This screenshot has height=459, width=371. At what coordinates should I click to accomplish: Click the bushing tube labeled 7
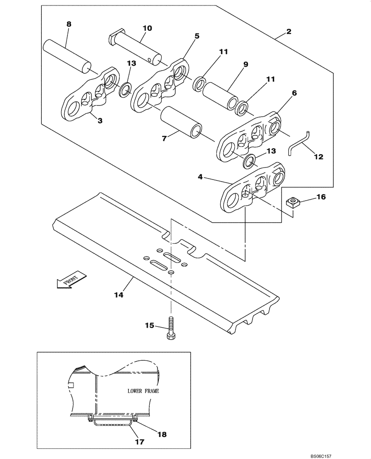tap(182, 122)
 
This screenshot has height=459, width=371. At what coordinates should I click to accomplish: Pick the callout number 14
tap(119, 295)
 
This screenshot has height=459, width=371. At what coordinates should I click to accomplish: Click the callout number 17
tap(140, 442)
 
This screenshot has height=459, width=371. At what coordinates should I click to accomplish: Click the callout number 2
tap(289, 32)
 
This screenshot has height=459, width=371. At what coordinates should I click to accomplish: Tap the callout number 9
tap(246, 65)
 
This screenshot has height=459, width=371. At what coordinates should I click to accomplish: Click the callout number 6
tap(294, 93)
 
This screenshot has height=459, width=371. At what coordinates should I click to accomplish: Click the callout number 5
tap(197, 35)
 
